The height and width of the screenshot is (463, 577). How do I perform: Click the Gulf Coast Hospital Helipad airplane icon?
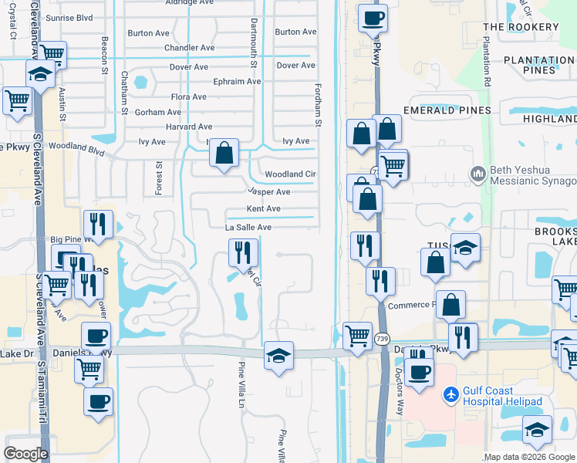(x=451, y=395)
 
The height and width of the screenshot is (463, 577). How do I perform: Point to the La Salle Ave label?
(x=248, y=228)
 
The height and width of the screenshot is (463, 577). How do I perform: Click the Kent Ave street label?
(x=263, y=209)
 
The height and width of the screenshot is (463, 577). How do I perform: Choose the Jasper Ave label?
(x=268, y=191)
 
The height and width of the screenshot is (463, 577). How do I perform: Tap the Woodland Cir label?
(x=290, y=174)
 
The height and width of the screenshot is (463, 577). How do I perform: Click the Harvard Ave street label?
(x=189, y=127)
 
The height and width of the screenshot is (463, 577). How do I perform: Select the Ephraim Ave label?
(x=238, y=81)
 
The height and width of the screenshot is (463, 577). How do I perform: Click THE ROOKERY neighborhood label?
(x=521, y=27)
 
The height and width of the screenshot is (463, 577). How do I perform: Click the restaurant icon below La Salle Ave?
(x=243, y=252)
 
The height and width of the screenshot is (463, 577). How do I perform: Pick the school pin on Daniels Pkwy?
(x=278, y=354)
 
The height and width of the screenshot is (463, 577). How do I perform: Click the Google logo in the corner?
(x=25, y=454)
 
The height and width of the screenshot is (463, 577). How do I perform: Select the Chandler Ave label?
(x=190, y=47)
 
